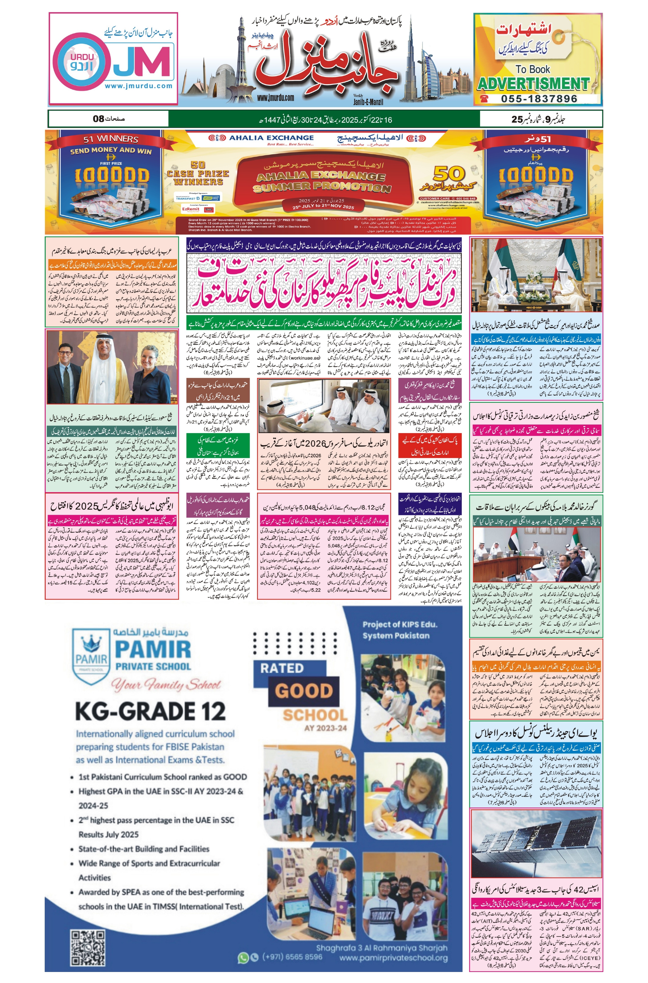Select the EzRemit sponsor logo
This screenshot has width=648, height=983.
point(191,209)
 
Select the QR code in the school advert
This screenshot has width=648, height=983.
point(88,948)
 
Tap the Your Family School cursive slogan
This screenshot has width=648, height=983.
point(165,685)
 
